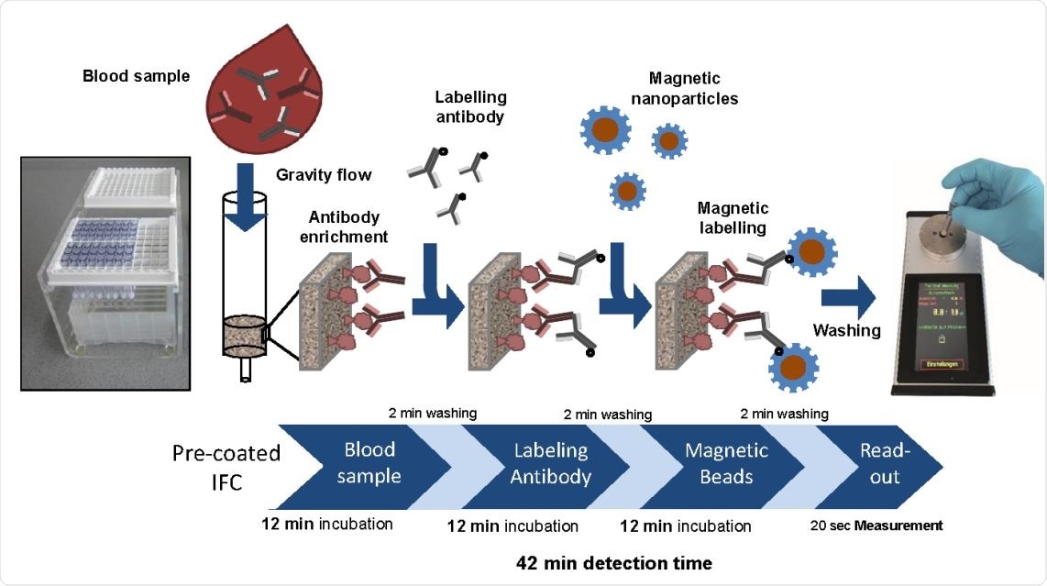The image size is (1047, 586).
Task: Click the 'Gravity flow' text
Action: click(x=320, y=174)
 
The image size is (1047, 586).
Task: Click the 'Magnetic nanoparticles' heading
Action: click(x=692, y=89)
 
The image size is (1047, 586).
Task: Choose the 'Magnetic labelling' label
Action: click(x=733, y=217)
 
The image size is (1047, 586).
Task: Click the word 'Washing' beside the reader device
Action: click(x=846, y=330)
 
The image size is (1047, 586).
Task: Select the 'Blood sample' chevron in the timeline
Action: click(x=371, y=463)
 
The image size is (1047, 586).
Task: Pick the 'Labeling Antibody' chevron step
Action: click(x=550, y=463)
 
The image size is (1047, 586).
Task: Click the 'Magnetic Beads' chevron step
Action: click(x=727, y=463)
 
